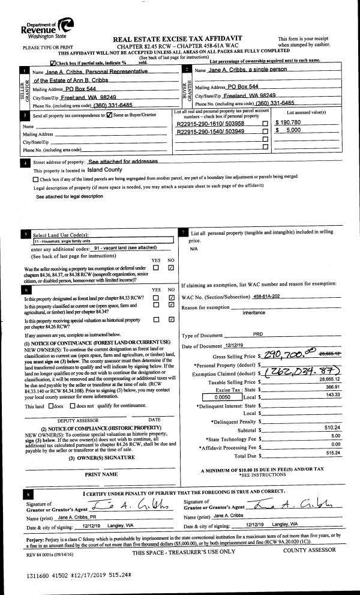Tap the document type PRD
point(258,336)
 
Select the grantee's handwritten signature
point(284,503)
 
